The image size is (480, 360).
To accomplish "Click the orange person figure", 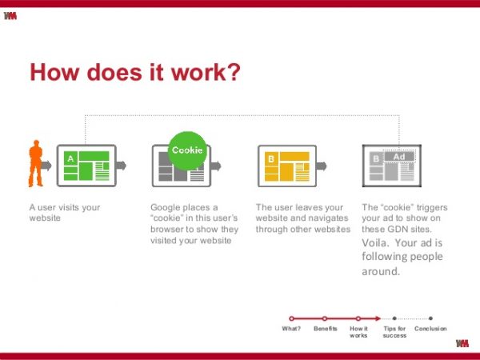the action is [x=35, y=163].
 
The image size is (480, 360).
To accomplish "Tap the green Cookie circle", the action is [x=187, y=150].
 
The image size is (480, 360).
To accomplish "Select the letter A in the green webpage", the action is [x=70, y=158].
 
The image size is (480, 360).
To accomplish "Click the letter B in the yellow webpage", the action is [x=271, y=159].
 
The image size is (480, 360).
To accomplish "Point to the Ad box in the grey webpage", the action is [x=399, y=157].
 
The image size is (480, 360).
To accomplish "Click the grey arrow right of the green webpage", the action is [x=121, y=166].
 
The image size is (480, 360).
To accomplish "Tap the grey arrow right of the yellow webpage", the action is [x=322, y=166].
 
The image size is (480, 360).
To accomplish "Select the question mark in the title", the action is [x=234, y=72].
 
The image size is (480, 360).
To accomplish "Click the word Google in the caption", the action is [x=165, y=208].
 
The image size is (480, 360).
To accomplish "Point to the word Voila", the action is [x=375, y=242].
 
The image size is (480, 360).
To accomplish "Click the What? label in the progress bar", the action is [x=291, y=329].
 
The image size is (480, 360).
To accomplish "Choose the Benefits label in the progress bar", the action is [x=326, y=329].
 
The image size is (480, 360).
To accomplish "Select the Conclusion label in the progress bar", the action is [x=430, y=329].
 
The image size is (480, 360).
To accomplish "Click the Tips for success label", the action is [x=394, y=332].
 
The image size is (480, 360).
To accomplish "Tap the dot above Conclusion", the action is [x=430, y=318].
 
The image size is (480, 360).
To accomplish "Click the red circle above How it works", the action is [x=358, y=318].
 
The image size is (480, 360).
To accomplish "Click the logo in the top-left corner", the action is [x=10, y=16].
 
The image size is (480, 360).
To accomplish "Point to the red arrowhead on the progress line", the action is [x=378, y=318].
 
